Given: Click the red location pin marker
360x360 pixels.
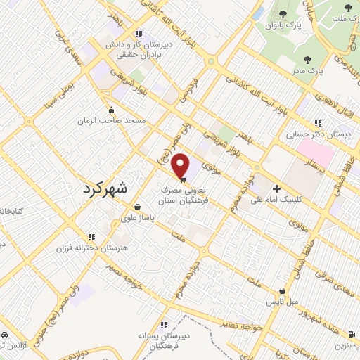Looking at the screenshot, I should coord(181,166).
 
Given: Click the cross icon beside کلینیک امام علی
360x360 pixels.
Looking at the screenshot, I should coord(276,188).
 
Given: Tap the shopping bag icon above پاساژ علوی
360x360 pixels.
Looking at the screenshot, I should coord(137,207).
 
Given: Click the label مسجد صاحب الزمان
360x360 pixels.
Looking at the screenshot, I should coord(112,120).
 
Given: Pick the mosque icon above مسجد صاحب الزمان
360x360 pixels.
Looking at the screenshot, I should coord(111,110).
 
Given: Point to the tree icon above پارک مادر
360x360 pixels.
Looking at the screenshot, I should coord(307,60).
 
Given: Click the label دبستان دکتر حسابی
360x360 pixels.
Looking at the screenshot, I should coord(307,133).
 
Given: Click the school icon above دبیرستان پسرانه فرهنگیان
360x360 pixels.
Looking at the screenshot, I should coord(163,325).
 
